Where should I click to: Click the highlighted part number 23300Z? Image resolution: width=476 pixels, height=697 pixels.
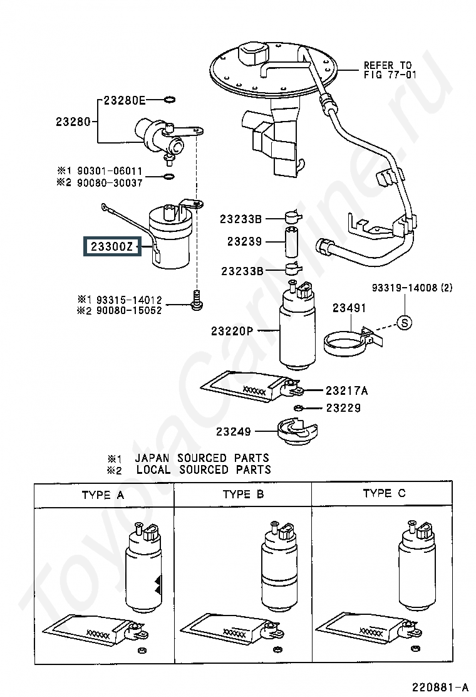tap(112, 246)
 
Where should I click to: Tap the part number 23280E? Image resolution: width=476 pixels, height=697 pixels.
tap(125, 100)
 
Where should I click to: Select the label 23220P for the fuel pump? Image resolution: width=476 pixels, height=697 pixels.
tap(232, 331)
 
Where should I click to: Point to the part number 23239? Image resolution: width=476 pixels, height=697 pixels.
tap(244, 241)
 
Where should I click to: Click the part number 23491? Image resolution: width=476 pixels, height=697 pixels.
tap(349, 308)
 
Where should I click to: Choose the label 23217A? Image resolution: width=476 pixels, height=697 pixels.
tap(347, 390)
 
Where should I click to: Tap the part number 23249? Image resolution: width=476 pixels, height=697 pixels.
tap(234, 431)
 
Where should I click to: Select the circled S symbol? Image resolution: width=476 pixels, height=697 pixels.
tap(404, 322)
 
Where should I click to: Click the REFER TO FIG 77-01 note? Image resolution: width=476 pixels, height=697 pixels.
tap(390, 70)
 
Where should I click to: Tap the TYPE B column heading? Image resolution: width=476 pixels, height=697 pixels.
tap(243, 495)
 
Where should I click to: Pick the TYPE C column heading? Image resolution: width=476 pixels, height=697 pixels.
tap(384, 493)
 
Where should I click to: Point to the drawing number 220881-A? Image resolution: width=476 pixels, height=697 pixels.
tap(440, 687)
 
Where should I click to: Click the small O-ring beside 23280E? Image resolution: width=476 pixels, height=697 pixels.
tap(169, 100)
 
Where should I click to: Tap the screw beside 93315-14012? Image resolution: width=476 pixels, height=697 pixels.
tap(196, 300)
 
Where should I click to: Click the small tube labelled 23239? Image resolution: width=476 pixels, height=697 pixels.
tap(291, 242)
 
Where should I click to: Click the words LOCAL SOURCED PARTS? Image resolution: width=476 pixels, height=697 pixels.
tap(204, 470)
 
